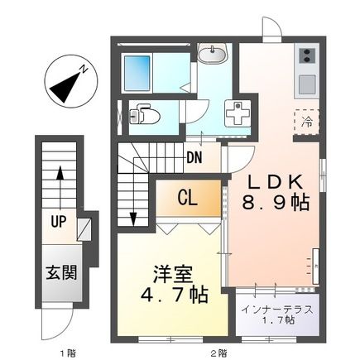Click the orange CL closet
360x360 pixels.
188,198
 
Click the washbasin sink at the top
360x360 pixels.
213,55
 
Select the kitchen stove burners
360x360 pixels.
305,56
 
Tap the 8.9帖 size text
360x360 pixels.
276,202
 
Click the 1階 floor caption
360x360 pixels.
66,353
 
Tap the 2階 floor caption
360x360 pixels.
218,353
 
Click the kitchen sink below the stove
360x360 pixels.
305,84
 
